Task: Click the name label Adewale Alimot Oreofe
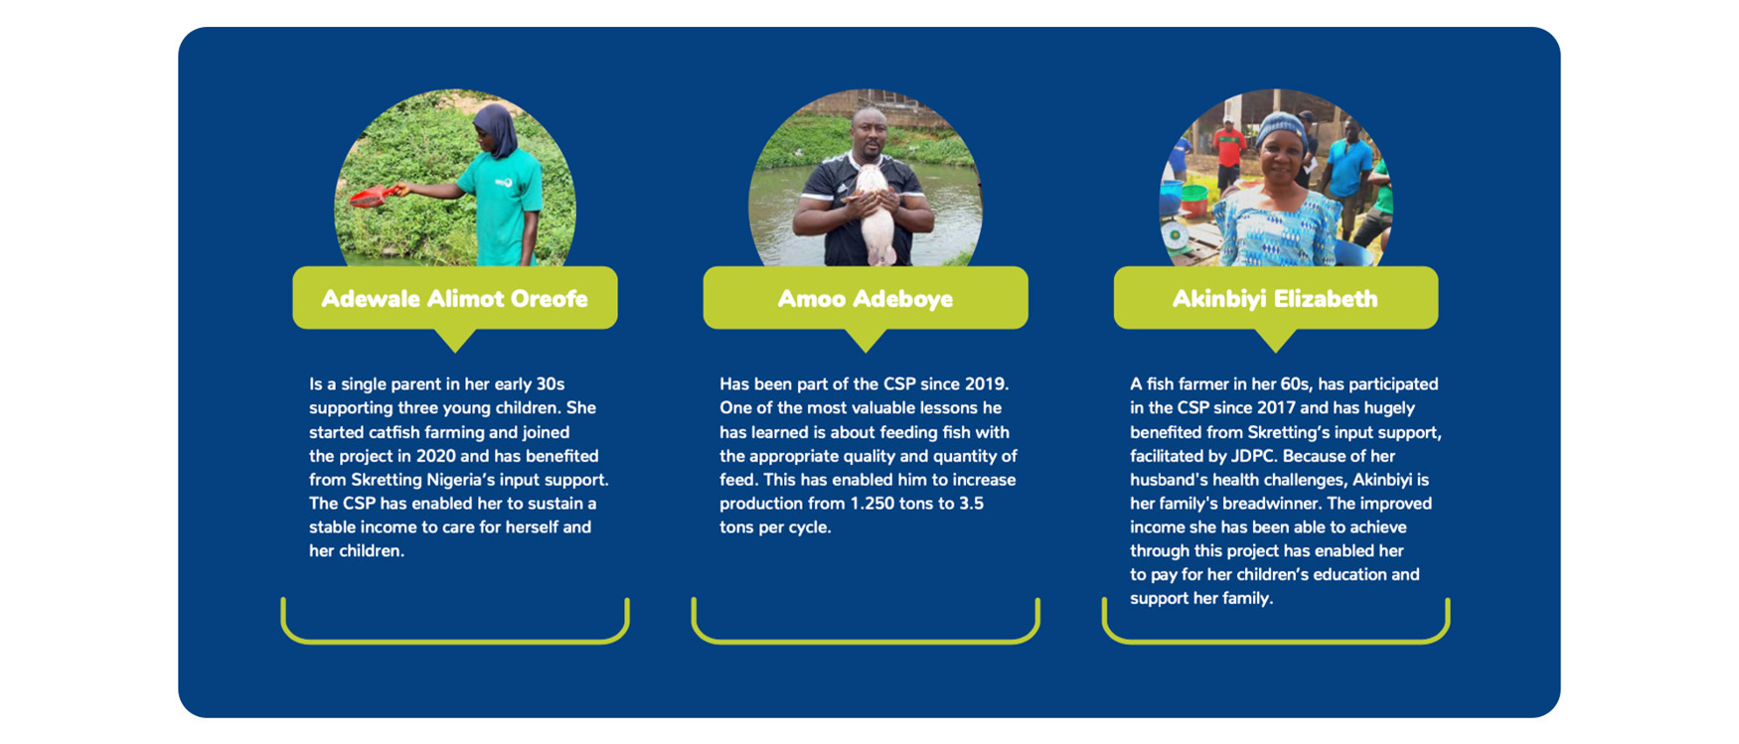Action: (455, 298)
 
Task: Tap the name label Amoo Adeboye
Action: (866, 298)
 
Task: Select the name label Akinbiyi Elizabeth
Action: (1276, 298)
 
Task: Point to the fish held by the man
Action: (871, 214)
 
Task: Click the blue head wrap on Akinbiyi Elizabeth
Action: (1282, 129)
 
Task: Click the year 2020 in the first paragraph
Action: (436, 456)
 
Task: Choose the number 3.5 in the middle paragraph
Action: (972, 504)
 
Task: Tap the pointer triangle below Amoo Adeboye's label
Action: (866, 339)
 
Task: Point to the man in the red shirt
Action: (1229, 155)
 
